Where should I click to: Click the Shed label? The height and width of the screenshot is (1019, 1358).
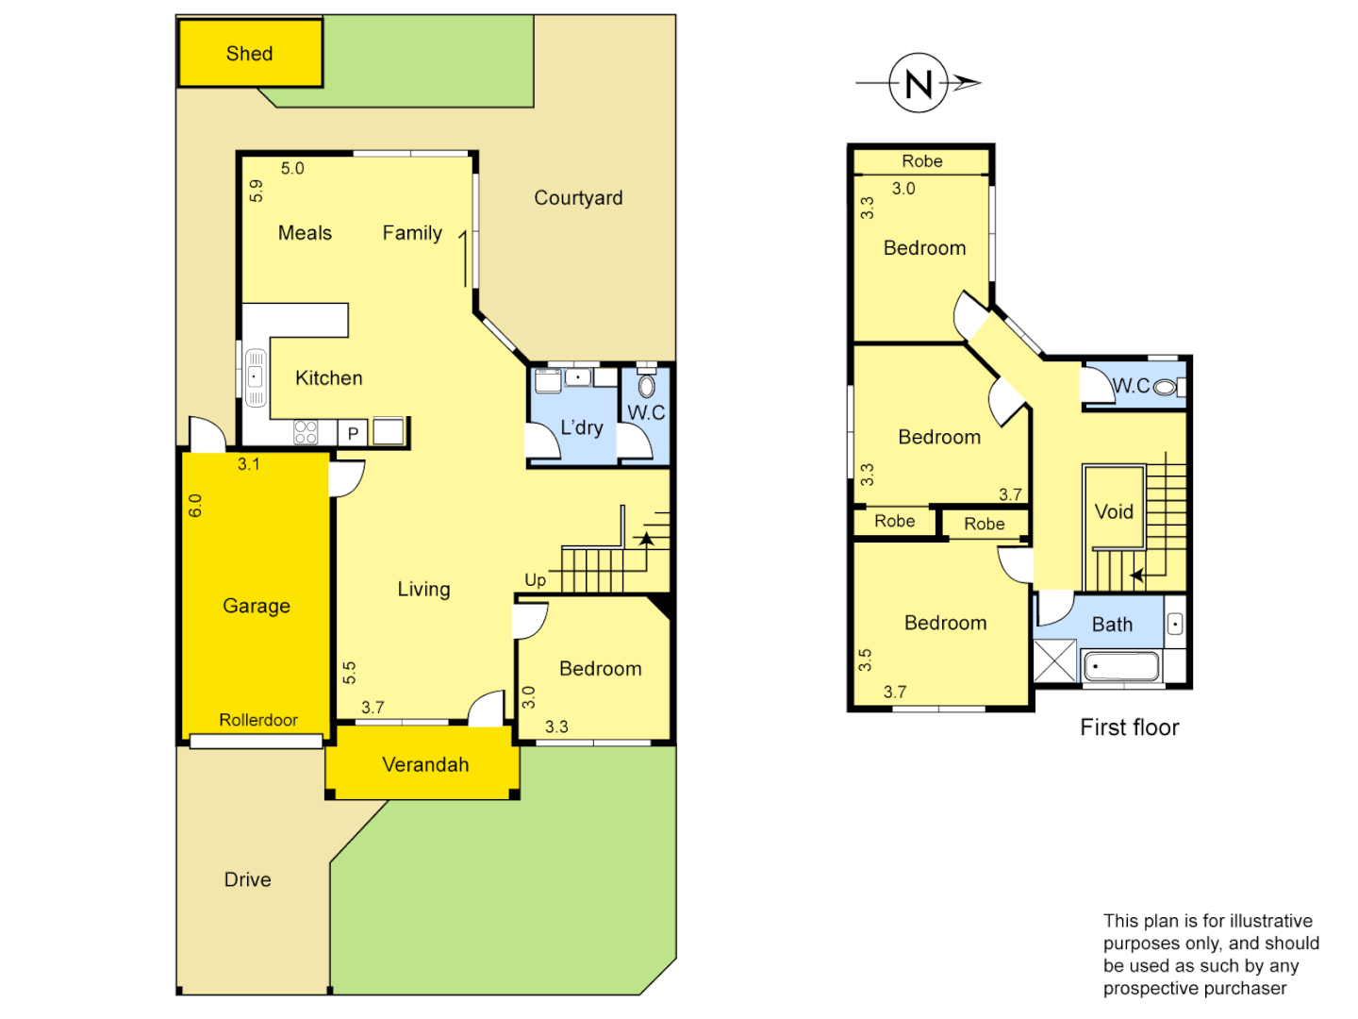coord(249,54)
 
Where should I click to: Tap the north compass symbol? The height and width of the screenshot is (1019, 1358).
coord(919,83)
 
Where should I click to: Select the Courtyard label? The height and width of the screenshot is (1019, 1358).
coord(578,198)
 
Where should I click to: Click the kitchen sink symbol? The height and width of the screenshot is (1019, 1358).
coord(256,377)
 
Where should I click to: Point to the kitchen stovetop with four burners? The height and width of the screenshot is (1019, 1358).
coord(306,432)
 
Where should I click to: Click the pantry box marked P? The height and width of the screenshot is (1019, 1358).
coord(353,433)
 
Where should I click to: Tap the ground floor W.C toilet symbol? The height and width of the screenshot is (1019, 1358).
coord(646,386)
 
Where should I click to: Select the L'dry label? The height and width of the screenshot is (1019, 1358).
coord(581,427)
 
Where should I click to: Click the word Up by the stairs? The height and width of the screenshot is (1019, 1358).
coord(535,579)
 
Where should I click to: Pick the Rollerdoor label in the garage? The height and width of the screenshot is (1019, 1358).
coord(258,720)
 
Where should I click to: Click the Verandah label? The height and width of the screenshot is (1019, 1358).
coord(425,765)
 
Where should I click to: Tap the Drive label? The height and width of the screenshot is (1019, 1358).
coord(247,879)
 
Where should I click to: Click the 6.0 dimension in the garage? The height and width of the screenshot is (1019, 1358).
coord(195,506)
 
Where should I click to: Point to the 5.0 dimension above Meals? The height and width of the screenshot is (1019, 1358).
coord(292,169)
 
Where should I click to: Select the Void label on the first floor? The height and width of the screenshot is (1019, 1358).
coord(1114,511)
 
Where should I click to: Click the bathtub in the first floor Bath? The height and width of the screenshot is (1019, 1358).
coord(1120,667)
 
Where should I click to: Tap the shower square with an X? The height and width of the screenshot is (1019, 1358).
coord(1054,660)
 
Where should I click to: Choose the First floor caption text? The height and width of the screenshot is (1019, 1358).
coord(1129,727)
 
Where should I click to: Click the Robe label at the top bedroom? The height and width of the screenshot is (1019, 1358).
coord(921,161)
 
